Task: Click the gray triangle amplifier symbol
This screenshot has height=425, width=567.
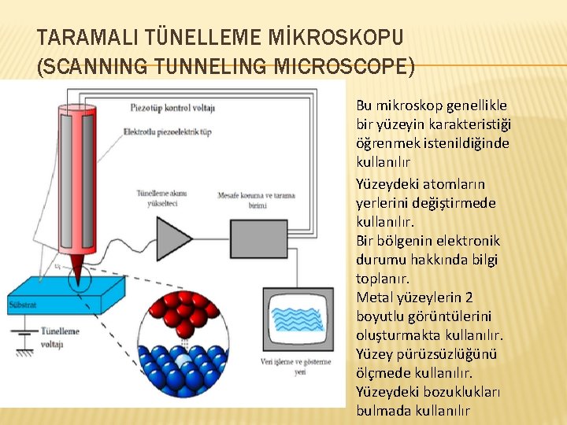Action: (x=175, y=235)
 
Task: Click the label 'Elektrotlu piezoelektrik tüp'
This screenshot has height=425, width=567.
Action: (x=167, y=131)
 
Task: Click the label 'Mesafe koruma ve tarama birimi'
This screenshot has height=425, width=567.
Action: (x=251, y=200)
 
